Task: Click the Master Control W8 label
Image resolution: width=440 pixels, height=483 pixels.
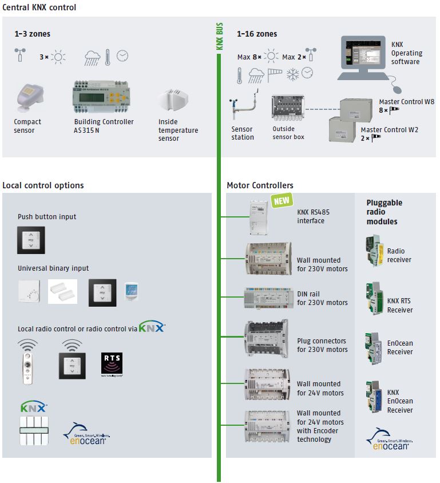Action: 406,101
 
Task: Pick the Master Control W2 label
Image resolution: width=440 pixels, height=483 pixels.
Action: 390,130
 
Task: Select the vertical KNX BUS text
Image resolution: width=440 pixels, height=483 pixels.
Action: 220,37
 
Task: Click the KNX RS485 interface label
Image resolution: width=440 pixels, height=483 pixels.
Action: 313,216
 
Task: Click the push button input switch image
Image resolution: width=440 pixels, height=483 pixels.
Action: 31,240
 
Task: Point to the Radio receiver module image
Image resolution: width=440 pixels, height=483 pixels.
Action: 372,252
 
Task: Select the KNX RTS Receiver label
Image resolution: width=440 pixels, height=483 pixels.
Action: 399,306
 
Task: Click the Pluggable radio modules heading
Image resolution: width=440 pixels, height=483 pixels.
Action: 384,212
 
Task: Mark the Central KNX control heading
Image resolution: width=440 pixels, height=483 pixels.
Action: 39,7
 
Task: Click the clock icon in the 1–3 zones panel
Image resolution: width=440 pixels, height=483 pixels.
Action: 122,56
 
